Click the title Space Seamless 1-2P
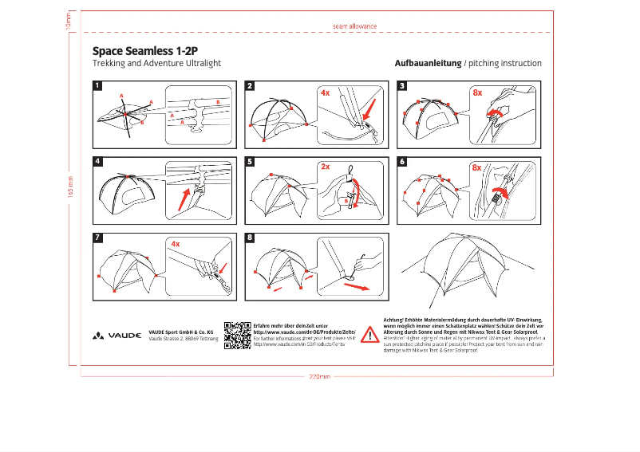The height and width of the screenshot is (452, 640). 145,49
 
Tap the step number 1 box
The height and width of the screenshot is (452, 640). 97,85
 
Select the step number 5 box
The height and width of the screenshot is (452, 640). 250,161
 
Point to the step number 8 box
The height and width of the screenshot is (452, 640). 250,238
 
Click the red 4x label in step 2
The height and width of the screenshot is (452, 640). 325,92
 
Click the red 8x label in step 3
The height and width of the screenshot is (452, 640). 477,92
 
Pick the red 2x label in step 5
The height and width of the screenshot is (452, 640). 325,167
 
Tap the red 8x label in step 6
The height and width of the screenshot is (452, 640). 476,167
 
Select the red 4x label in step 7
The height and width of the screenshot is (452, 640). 175,243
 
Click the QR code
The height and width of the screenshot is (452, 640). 237,335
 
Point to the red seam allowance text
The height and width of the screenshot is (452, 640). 354,26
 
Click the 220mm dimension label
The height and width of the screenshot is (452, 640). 319,376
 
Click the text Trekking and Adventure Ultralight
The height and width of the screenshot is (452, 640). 156,63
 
